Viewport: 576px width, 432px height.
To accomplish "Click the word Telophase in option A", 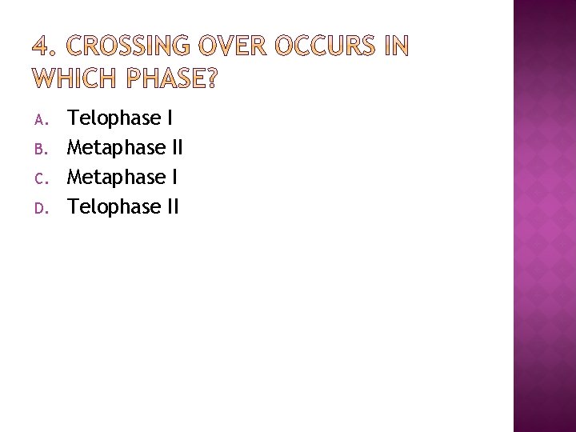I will (114, 118).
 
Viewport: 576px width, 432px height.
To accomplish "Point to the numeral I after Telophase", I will (170, 118).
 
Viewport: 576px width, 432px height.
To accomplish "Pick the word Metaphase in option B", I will (117, 148).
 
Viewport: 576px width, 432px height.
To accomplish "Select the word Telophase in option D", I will (114, 207).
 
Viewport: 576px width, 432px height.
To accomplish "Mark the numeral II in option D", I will (173, 207).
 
